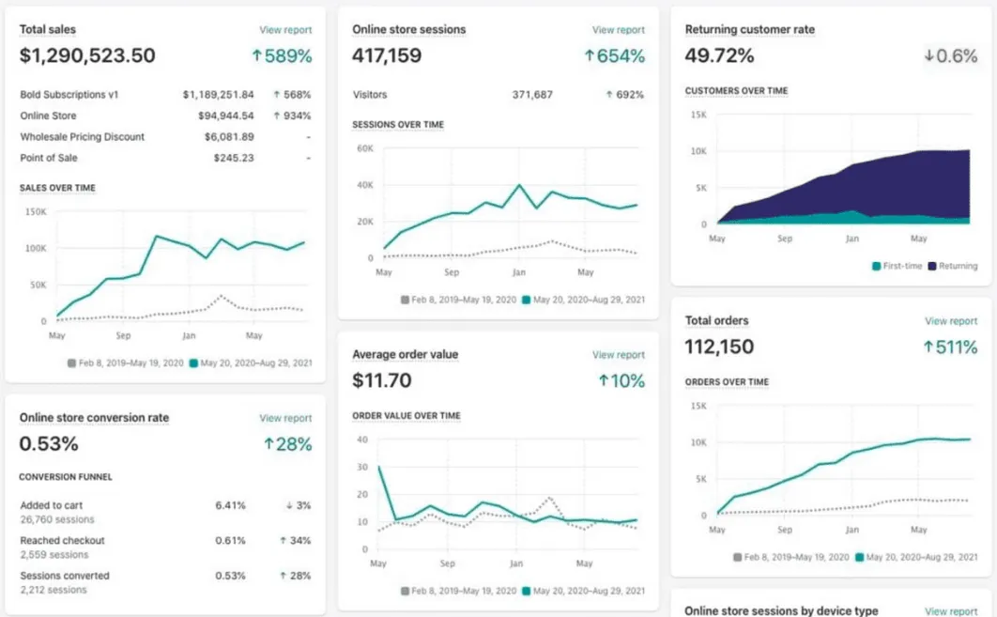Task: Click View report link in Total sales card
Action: [285, 30]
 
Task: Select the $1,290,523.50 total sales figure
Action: [87, 56]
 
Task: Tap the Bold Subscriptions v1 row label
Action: [69, 95]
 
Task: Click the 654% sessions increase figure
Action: [615, 56]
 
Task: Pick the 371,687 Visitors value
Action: [532, 95]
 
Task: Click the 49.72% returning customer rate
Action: [719, 56]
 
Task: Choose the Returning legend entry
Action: [952, 266]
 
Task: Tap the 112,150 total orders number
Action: [719, 347]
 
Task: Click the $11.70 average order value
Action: [382, 381]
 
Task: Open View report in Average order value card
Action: [618, 355]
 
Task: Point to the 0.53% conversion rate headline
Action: [49, 443]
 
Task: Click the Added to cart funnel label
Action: [52, 505]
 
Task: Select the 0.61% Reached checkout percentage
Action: [230, 540]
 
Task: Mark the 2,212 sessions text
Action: [54, 590]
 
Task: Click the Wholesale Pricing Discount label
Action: [83, 137]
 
